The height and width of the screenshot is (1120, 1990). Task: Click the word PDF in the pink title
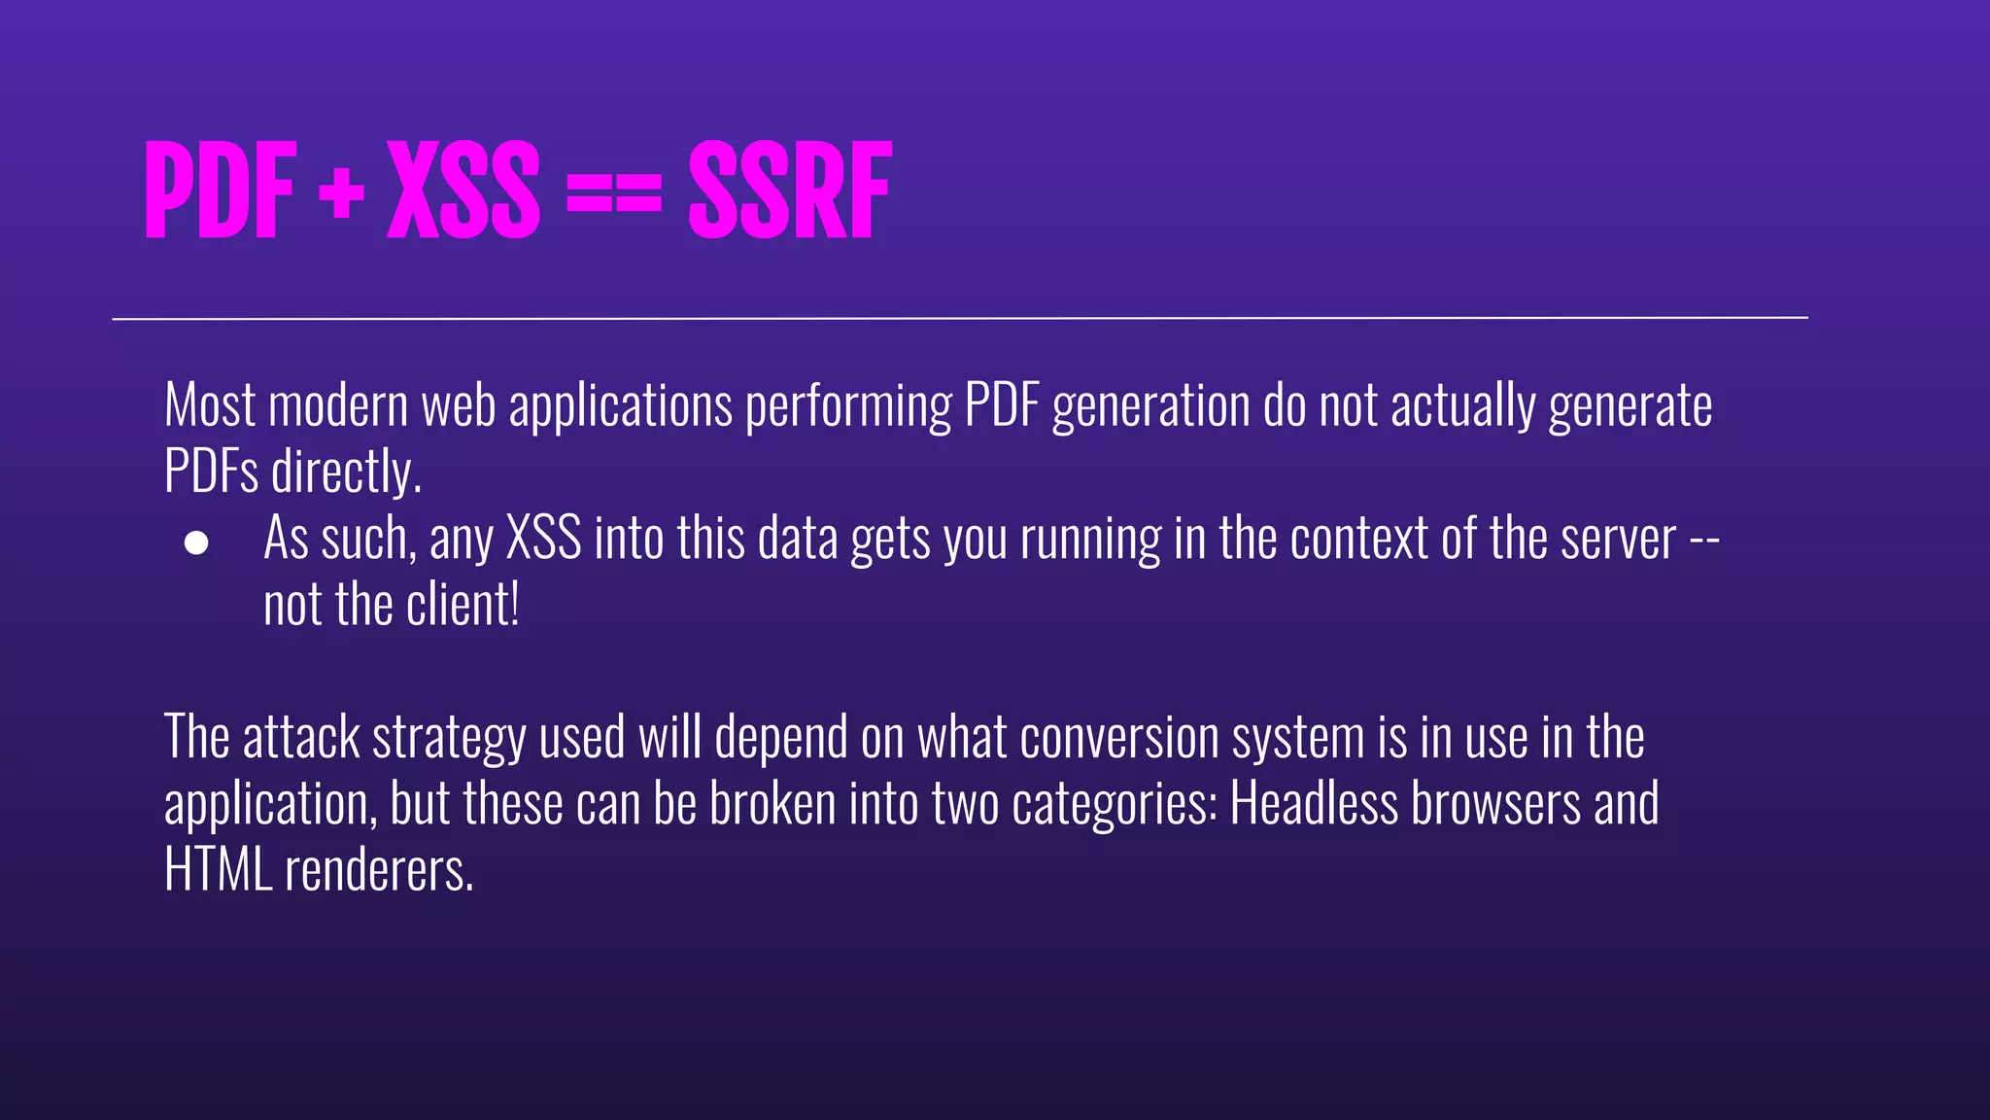[220, 190]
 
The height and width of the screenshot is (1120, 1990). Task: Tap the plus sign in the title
[341, 192]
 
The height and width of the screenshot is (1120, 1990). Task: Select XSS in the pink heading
[463, 190]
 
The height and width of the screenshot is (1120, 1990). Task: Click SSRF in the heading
[790, 190]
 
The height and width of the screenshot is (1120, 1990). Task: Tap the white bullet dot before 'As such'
[196, 542]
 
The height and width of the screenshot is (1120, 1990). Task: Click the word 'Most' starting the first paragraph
[210, 404]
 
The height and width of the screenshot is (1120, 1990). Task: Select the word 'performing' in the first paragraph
[848, 406]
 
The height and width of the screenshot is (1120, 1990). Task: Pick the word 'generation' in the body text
[1151, 406]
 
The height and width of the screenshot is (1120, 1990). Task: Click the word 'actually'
[1462, 406]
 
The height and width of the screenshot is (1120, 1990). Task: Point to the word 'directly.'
[346, 472]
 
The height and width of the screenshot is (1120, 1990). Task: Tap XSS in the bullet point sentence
[544, 538]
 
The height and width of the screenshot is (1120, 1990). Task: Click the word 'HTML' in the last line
[218, 870]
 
